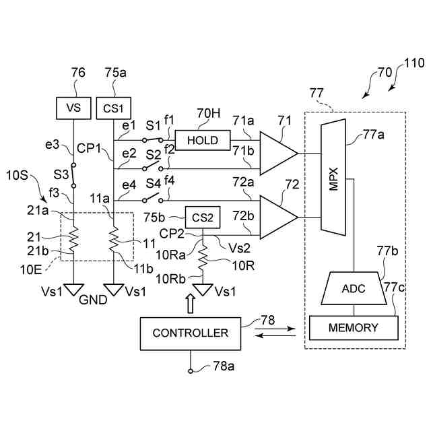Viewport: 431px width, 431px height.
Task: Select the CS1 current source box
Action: point(114,108)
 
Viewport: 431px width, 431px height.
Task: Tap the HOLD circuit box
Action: point(203,139)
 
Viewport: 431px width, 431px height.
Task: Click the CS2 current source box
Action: point(203,217)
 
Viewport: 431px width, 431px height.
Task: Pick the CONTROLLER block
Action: point(191,333)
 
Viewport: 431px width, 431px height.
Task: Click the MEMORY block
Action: point(354,328)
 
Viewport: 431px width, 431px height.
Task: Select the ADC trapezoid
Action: point(354,288)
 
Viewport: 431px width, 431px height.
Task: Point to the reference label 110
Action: point(414,64)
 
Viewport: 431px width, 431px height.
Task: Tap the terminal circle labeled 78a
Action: point(191,370)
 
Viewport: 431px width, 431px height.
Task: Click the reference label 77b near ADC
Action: point(387,253)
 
